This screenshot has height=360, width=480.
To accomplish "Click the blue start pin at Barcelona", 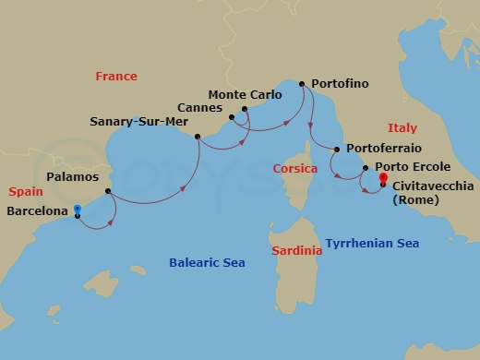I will click(78, 210).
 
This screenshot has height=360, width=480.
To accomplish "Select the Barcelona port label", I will click(37, 211).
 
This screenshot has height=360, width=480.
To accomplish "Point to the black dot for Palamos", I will click(109, 192).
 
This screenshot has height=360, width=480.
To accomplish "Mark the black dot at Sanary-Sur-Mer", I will click(198, 137).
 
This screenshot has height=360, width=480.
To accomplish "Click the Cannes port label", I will click(200, 106).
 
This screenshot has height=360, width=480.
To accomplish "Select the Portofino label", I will click(340, 83).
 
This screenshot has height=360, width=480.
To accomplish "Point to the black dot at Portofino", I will click(301, 83).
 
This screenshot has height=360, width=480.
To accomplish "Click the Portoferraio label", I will click(382, 149).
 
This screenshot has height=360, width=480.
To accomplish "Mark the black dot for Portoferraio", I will click(337, 150).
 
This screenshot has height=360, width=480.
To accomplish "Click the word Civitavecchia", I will click(429, 186).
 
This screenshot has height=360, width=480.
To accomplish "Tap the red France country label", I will click(115, 77).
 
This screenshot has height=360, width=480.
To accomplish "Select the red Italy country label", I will click(402, 128).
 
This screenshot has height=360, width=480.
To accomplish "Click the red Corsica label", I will click(295, 169).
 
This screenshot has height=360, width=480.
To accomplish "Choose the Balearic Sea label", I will click(207, 263).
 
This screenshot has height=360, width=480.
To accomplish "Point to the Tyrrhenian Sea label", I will click(372, 244).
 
